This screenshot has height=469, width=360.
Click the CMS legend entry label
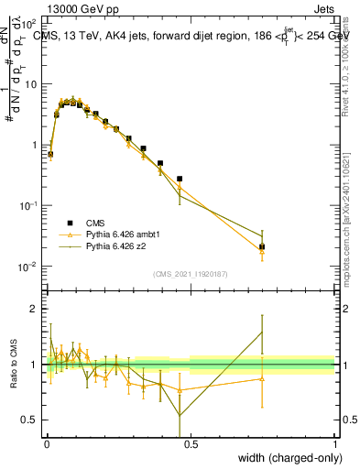point(95,223)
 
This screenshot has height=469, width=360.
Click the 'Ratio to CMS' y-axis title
point(13,364)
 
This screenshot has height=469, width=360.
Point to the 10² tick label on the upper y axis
point(29,22)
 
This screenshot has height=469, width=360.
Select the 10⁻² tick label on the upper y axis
point(29,267)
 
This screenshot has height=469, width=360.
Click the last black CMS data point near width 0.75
point(262,246)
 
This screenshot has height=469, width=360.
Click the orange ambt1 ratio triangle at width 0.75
point(262,377)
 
